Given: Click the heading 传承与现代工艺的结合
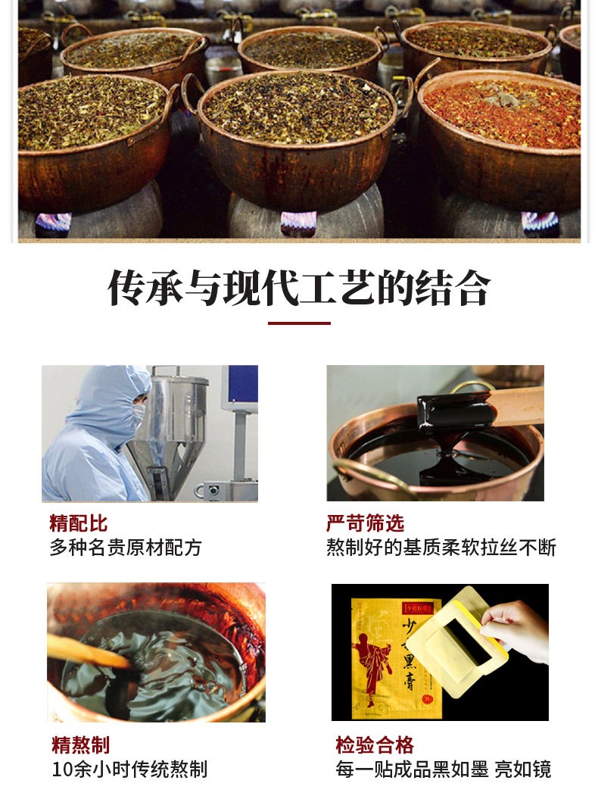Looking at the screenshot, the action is coord(299,288).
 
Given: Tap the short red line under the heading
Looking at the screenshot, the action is coord(299,323).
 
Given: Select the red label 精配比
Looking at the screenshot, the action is coord(79,523).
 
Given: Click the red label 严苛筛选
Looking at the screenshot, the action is coord(365,523).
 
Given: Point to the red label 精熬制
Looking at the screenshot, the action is coord(80,745).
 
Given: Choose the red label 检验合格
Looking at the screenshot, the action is coord(375,745).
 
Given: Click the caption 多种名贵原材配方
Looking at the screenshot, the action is coord(126,548).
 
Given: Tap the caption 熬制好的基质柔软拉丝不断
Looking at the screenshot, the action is coord(441,548).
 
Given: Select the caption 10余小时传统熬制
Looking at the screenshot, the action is coord(129,769).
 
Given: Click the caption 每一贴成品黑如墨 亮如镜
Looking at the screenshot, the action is coord(443,769).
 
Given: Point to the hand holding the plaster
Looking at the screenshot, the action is coord(515,630).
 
